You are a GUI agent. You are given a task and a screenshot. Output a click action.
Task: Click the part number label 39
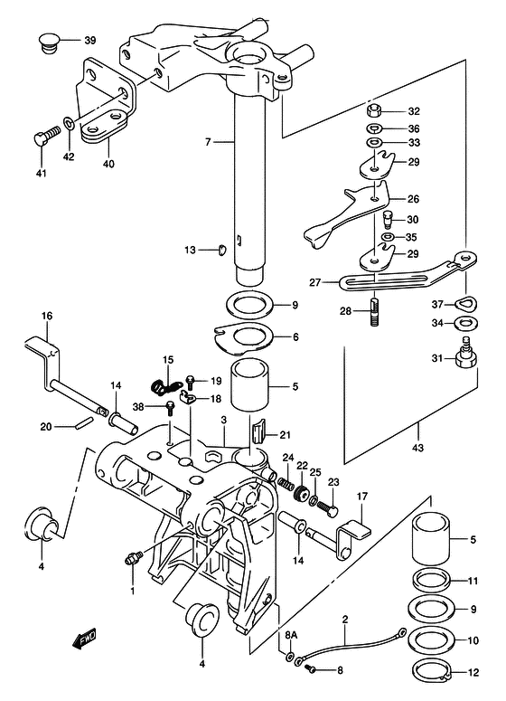(x=89, y=41)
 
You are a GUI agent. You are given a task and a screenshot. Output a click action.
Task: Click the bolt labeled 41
(x=46, y=132)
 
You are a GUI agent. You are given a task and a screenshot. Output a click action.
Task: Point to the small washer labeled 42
(x=70, y=122)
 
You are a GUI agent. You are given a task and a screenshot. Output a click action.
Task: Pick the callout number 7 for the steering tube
(x=208, y=143)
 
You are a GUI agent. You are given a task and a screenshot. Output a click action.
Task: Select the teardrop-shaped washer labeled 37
(x=466, y=304)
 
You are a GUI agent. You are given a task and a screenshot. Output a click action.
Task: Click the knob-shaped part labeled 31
(x=467, y=354)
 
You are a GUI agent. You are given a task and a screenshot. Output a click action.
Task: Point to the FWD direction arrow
(x=84, y=639)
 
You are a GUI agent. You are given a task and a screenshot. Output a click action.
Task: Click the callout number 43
(x=418, y=448)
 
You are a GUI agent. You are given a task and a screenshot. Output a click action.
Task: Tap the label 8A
(x=291, y=635)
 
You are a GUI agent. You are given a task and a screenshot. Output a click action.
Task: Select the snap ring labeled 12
(x=433, y=671)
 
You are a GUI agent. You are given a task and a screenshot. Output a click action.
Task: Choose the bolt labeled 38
(x=169, y=408)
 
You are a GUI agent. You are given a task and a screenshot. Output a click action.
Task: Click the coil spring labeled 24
(x=284, y=483)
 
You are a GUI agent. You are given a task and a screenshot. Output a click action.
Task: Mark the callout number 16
(x=47, y=316)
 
